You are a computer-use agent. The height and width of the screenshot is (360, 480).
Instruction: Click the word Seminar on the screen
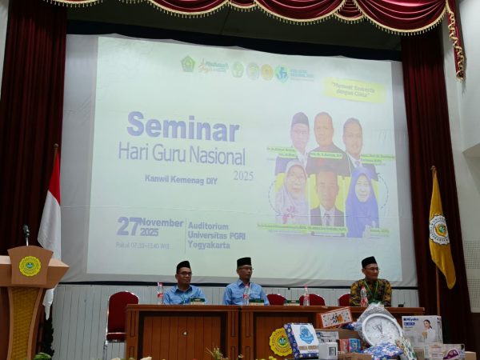click(x=182, y=127)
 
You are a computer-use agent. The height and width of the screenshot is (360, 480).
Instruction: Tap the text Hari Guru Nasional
click(x=182, y=152)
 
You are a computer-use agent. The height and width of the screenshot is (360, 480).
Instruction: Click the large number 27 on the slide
click(x=130, y=226)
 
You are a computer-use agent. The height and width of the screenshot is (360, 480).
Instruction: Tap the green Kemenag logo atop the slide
click(x=188, y=64)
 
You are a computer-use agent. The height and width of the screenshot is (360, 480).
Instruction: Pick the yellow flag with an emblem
click(x=441, y=228)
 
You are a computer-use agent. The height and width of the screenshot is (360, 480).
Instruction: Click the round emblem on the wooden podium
click(x=30, y=266)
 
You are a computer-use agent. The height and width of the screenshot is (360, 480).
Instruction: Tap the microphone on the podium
click(x=26, y=233)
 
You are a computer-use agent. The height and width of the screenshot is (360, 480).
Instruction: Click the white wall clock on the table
click(x=381, y=329)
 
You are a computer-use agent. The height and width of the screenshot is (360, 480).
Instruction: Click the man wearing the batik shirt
click(x=370, y=287)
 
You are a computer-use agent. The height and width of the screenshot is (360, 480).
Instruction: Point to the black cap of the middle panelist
click(x=244, y=262)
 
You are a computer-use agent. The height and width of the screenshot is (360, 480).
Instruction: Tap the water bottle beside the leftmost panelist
click(x=160, y=293)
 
